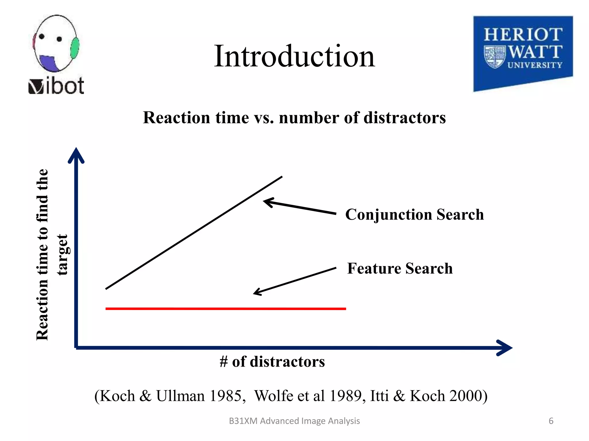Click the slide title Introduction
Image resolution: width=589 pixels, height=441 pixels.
[294, 56]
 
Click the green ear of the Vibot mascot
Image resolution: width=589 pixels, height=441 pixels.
[75, 48]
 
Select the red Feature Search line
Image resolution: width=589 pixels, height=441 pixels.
[225, 309]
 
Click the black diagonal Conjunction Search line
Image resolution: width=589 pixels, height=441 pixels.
[194, 233]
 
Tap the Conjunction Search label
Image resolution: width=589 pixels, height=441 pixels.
[414, 214]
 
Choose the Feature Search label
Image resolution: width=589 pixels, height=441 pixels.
[400, 268]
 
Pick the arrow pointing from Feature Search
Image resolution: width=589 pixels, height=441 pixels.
[294, 281]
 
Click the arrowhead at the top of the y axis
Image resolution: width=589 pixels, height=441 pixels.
[76, 155]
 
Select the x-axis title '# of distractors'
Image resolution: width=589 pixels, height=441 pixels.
[272, 361]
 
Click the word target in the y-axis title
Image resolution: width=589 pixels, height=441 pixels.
[62, 254]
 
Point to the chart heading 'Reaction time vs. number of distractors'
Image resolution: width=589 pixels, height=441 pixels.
[294, 118]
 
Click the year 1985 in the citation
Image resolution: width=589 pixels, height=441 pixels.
[225, 396]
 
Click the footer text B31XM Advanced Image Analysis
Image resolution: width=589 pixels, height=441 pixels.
[294, 421]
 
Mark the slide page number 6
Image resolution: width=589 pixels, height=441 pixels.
[551, 421]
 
